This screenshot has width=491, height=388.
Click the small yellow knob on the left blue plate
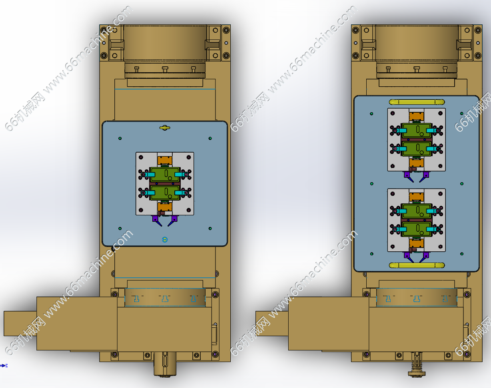[165, 128]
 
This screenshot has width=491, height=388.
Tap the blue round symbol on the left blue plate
[165, 239]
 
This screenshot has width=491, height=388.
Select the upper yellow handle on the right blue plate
[417, 102]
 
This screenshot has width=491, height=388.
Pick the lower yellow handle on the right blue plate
[417, 265]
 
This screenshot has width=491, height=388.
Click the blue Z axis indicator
[4, 366]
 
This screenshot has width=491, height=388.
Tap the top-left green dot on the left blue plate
[120, 139]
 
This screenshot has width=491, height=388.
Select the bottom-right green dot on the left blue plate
[210, 228]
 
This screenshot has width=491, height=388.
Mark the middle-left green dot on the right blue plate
[372, 184]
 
